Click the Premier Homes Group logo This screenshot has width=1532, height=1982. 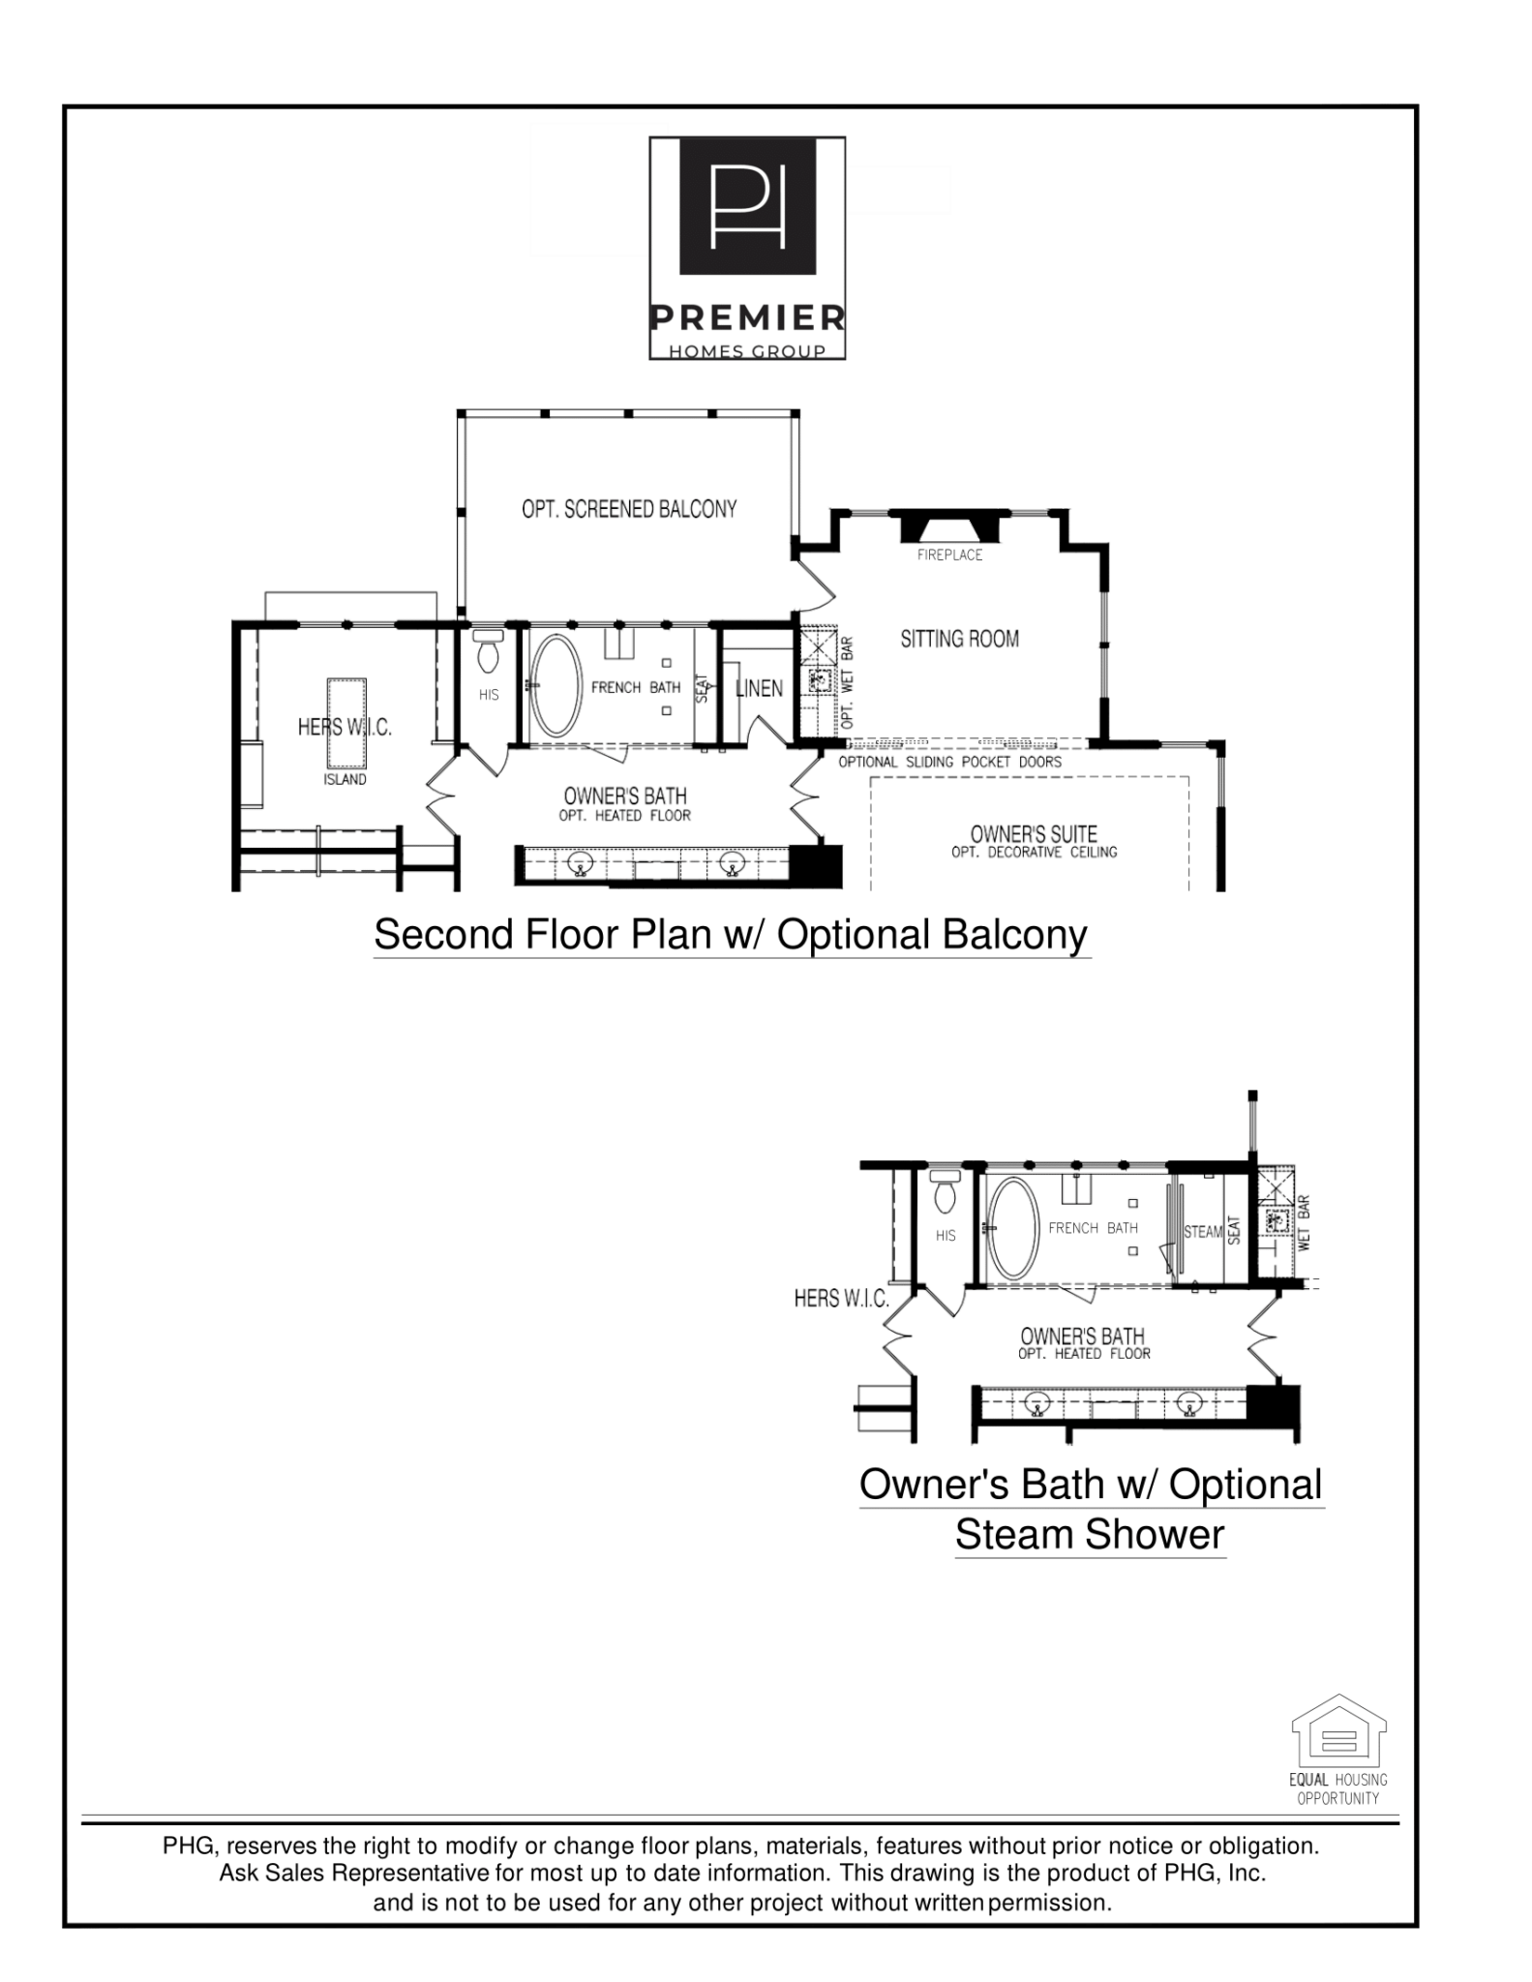pos(746,248)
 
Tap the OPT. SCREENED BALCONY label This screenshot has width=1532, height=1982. pos(629,509)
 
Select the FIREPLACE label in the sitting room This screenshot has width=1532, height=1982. pos(949,555)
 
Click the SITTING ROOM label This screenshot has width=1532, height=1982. pos(959,639)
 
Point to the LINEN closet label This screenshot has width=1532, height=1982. pos(759,688)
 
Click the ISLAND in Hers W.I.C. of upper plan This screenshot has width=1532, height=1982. pos(345,721)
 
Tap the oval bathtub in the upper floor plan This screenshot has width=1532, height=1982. pos(556,685)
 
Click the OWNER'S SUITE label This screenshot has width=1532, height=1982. pos(1034,834)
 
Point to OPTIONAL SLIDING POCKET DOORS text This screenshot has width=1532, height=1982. pos(949,762)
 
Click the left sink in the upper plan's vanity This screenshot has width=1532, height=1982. pos(581,860)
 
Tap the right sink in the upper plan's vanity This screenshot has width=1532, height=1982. pos(733,860)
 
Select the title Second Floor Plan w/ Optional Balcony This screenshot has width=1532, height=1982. pos(731,935)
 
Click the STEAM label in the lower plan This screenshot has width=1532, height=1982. pos(1203,1232)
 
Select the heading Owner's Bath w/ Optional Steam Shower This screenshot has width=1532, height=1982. pos(1091,1509)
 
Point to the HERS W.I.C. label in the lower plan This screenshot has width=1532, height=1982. pos(841,1299)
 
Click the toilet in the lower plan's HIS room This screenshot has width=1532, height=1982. pos(946,1192)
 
